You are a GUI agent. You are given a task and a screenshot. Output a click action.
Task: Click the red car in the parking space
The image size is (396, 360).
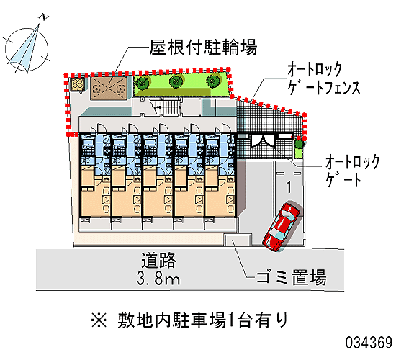(x=281, y=226)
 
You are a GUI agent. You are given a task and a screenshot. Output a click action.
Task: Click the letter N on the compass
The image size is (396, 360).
(x=44, y=17)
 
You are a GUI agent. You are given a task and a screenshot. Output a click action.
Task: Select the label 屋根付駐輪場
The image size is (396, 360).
(x=204, y=47)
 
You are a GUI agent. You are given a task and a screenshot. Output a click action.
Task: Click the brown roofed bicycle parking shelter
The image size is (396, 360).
(x=109, y=88)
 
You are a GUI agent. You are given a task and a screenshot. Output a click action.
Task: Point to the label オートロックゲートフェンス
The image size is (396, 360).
(x=324, y=78)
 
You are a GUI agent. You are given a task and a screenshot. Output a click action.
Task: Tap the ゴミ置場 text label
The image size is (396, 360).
(x=291, y=278)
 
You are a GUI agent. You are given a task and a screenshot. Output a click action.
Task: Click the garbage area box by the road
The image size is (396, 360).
(x=238, y=240)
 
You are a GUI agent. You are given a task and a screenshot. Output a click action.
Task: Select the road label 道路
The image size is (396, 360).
(x=158, y=261)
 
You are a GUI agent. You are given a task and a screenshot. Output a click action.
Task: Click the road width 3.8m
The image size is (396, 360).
(x=158, y=279)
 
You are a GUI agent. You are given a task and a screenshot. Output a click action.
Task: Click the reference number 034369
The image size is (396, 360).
(x=369, y=343)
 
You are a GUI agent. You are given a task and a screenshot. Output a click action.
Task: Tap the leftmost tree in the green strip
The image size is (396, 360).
(x=142, y=82)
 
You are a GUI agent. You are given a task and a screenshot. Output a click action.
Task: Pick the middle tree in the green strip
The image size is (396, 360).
(x=176, y=81)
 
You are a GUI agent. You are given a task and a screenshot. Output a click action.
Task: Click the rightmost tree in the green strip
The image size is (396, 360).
(x=213, y=81)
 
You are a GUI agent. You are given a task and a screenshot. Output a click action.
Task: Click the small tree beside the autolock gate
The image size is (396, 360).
(x=299, y=144)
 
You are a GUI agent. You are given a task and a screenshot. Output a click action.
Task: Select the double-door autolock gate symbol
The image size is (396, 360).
(x=263, y=140)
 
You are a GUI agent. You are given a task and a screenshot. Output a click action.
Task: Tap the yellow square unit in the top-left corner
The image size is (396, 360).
(x=77, y=84)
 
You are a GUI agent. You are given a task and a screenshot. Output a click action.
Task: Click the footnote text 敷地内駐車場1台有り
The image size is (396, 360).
(x=203, y=320)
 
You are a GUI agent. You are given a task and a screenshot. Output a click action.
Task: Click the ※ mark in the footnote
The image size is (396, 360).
(x=99, y=320)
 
